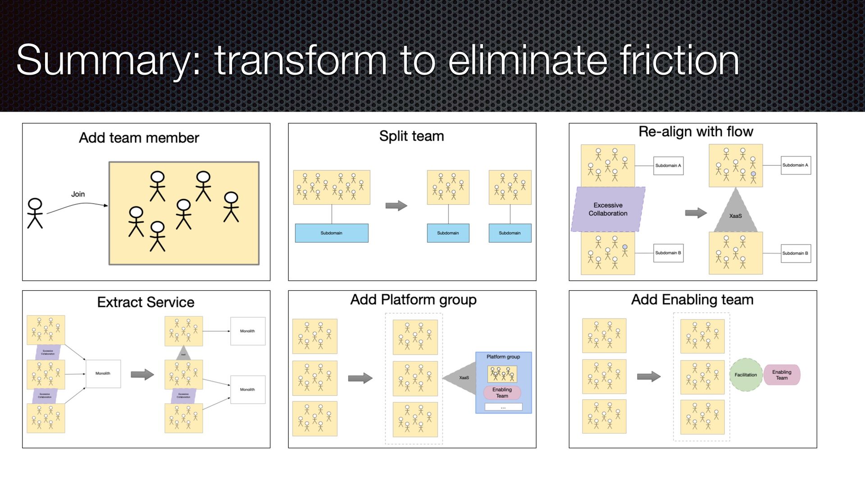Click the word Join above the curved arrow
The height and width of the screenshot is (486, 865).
(x=78, y=194)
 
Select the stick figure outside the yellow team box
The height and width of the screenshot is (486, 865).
(x=35, y=213)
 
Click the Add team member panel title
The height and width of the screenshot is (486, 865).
(x=139, y=138)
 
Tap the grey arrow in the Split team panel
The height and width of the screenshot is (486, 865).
(x=396, y=206)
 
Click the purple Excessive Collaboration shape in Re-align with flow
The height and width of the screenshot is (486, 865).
(x=608, y=209)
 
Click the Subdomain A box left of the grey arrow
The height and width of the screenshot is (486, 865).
(x=668, y=166)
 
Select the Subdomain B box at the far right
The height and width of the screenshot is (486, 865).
(x=795, y=253)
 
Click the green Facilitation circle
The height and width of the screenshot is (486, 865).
(x=746, y=375)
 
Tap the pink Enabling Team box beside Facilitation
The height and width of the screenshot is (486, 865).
(x=782, y=375)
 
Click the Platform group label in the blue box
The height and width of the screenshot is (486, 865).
(x=503, y=357)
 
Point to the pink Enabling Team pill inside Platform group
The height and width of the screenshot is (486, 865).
(x=502, y=392)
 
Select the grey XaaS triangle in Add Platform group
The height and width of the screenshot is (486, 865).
(x=462, y=378)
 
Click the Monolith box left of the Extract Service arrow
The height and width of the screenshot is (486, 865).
(x=103, y=373)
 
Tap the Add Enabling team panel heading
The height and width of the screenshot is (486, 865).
(x=692, y=300)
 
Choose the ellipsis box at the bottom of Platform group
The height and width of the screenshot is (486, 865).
(x=503, y=407)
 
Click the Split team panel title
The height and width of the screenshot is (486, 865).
(x=411, y=136)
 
